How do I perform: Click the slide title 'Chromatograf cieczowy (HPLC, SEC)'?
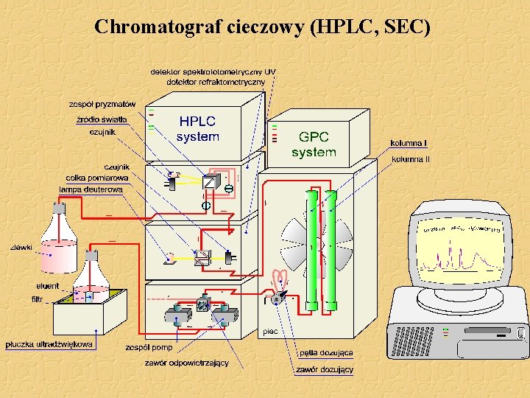coord(262,27)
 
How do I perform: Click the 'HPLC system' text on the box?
coord(198,129)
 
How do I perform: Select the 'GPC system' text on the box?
coord(314,144)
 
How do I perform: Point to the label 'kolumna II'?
coord(411,158)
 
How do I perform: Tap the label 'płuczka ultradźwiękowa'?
coord(49,344)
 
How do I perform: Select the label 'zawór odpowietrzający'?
coord(186,363)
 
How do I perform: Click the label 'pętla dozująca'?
coord(325,354)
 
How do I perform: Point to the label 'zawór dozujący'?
coord(325,369)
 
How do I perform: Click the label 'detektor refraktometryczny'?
coord(216,82)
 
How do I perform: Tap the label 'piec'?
coord(271,332)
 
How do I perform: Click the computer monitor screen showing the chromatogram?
coord(460,251)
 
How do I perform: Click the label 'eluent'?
coord(48,286)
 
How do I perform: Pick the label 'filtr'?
coord(37,299)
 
